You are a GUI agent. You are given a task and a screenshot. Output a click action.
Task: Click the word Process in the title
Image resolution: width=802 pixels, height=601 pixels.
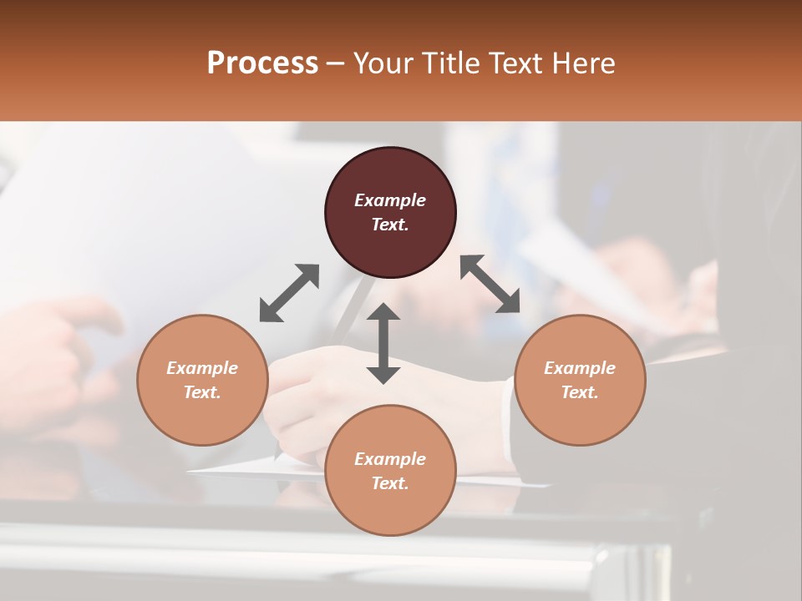(x=262, y=63)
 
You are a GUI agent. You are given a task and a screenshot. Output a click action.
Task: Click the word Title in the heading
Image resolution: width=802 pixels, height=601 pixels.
(x=450, y=63)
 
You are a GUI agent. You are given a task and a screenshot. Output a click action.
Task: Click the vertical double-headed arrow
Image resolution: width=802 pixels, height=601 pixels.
(x=383, y=343)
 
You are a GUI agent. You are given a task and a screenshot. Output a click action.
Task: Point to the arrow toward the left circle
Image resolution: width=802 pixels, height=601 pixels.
(x=289, y=293)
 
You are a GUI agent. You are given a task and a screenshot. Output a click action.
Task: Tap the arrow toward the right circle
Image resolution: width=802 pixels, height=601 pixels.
(x=490, y=284)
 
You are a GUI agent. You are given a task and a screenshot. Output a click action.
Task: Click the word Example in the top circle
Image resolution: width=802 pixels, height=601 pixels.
(x=390, y=200)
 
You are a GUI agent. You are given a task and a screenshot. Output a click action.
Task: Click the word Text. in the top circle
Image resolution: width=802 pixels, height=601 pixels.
(x=390, y=225)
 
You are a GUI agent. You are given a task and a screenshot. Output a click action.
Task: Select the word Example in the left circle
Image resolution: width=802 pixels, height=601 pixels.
(x=202, y=368)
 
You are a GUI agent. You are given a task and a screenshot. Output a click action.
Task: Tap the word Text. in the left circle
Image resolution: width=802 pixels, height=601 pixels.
(x=202, y=392)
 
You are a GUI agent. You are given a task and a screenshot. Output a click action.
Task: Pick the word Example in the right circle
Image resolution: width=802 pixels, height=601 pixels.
(x=580, y=368)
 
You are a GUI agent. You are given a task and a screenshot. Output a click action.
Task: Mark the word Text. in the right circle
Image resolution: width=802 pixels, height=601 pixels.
(x=580, y=392)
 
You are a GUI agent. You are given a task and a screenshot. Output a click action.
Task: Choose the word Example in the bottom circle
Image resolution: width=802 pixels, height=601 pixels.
(x=390, y=459)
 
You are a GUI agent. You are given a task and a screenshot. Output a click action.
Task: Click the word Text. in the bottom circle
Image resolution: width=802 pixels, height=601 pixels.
(x=390, y=483)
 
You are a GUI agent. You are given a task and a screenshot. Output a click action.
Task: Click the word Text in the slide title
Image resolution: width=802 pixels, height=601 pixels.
(x=516, y=63)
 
